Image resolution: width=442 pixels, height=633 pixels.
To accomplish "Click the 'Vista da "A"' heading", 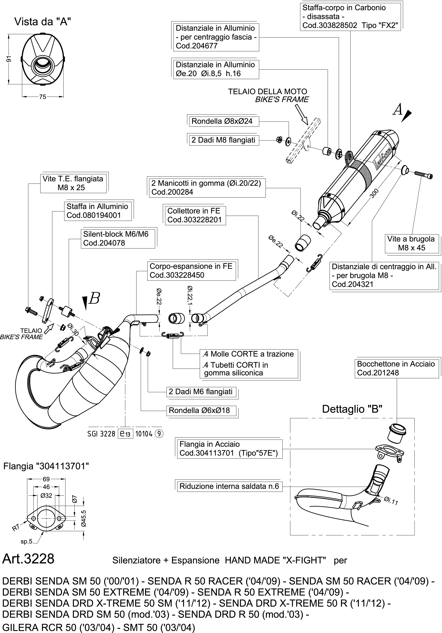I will click(43, 21).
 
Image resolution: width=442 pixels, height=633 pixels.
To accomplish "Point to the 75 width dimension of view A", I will click(43, 97).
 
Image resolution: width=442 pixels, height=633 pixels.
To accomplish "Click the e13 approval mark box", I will click(125, 434).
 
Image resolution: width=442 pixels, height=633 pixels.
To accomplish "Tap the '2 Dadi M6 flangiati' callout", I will click(200, 392).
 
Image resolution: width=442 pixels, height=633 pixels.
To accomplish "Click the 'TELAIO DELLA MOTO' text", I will click(267, 92).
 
